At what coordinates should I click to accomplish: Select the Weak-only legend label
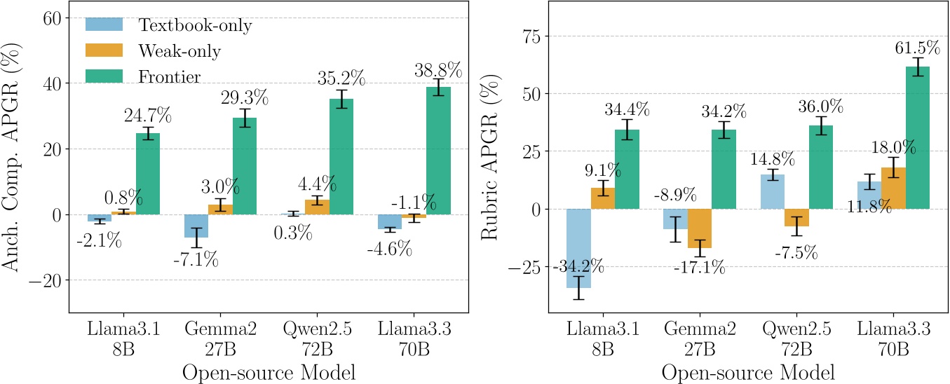[179, 50]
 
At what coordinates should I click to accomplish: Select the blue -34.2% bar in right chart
[578, 248]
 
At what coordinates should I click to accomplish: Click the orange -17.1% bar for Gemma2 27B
[700, 228]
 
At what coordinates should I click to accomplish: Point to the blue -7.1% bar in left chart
[196, 226]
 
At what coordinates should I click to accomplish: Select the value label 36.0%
[820, 107]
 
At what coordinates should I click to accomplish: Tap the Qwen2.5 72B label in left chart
[318, 339]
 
